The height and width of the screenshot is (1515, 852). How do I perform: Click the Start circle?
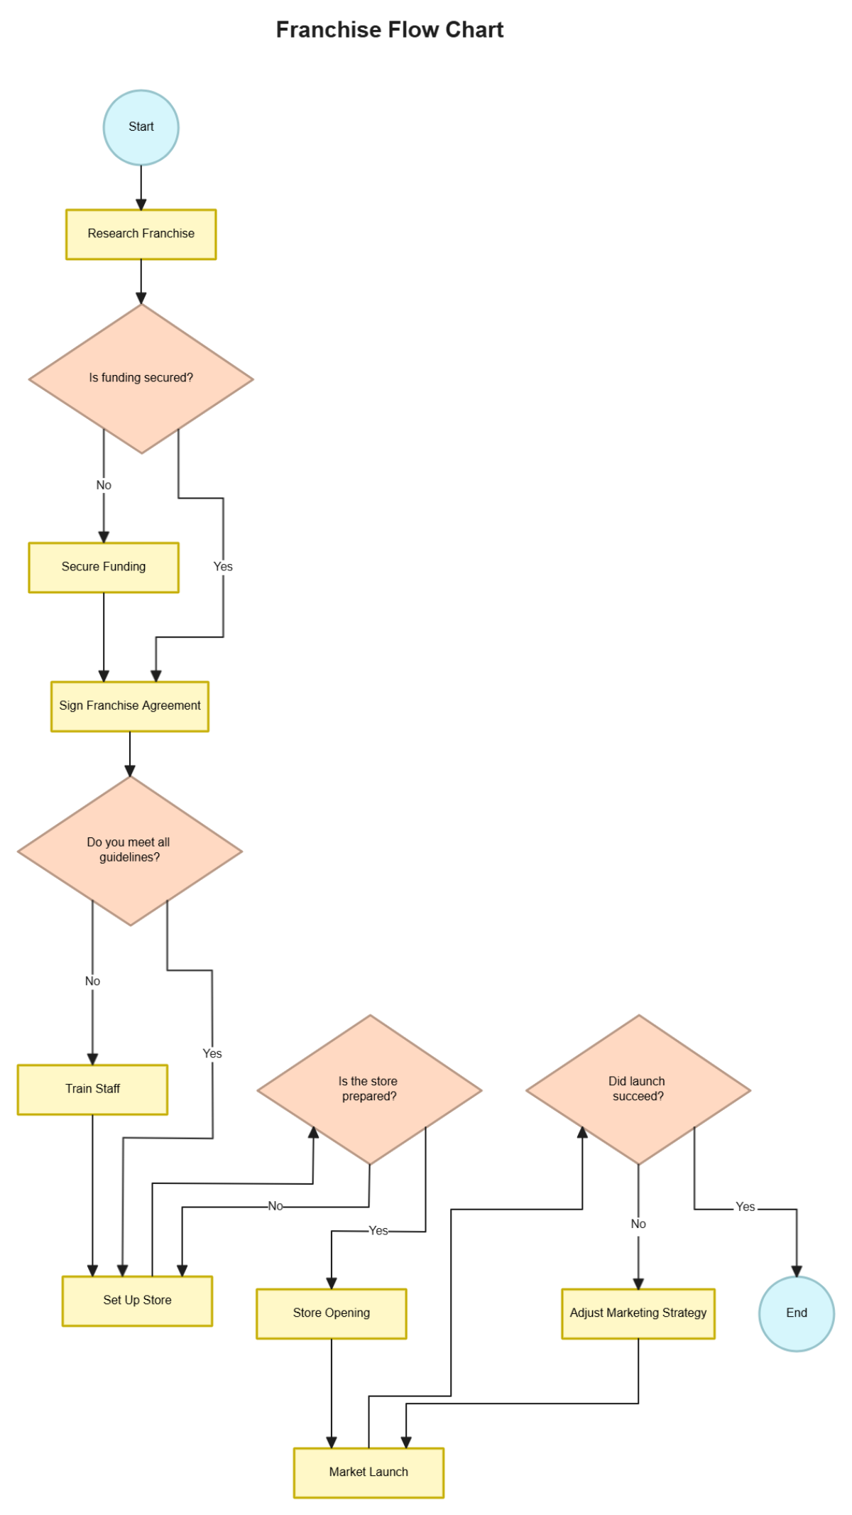(141, 127)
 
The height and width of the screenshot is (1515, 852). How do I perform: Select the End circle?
(796, 1313)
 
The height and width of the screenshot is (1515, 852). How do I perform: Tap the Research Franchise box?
(141, 234)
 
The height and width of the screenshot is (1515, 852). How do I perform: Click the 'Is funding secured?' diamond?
(141, 378)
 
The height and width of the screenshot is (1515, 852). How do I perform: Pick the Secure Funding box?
(104, 567)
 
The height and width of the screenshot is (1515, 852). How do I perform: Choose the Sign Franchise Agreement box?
(130, 705)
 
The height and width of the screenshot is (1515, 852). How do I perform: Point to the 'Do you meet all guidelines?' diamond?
(130, 850)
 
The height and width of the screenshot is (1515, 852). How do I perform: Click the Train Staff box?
(92, 1089)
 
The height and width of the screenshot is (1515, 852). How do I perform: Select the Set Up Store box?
(137, 1300)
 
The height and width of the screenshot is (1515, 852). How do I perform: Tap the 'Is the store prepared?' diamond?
(369, 1089)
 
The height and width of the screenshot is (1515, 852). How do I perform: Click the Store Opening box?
(331, 1313)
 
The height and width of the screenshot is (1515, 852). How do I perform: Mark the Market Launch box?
(368, 1472)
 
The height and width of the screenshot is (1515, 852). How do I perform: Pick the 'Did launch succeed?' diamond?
(638, 1089)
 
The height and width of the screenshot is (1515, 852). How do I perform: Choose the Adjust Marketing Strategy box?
(638, 1313)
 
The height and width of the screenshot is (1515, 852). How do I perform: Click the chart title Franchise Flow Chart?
(390, 30)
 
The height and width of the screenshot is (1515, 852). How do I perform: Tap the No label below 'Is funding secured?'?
(104, 485)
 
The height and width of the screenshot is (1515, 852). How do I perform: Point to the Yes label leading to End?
(745, 1207)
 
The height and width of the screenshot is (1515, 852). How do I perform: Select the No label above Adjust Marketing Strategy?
(638, 1224)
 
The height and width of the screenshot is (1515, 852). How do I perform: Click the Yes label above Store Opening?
(378, 1231)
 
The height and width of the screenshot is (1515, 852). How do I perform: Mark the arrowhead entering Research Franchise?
(141, 205)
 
